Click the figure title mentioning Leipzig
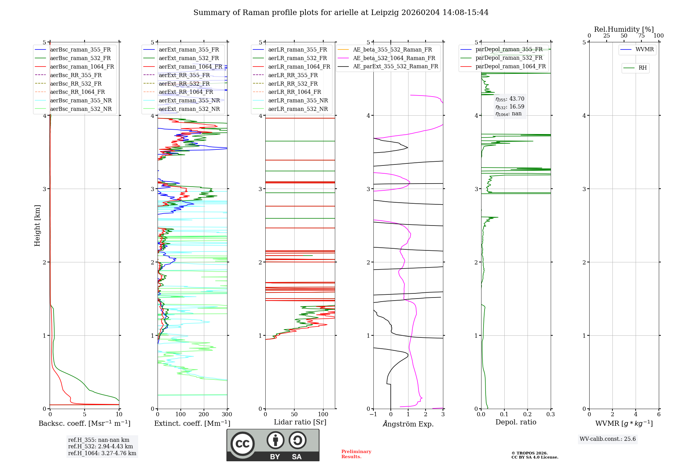click(x=341, y=13)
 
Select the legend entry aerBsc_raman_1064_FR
click(x=82, y=67)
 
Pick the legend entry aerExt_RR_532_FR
click(x=184, y=84)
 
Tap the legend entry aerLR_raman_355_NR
click(x=298, y=101)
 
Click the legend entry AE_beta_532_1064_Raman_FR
click(x=394, y=58)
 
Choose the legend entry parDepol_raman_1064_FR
click(x=510, y=67)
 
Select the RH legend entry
click(x=642, y=68)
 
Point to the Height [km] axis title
click(x=37, y=226)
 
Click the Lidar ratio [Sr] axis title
click(x=300, y=422)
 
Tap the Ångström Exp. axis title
click(x=408, y=424)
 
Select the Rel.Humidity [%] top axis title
click(x=624, y=29)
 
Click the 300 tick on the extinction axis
click(x=227, y=415)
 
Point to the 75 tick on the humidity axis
click(x=641, y=36)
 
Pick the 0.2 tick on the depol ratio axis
click(x=528, y=415)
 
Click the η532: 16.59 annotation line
click(x=510, y=107)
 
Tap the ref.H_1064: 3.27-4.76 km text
click(x=102, y=453)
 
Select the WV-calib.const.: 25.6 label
click(x=608, y=439)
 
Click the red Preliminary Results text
click(x=356, y=454)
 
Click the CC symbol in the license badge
click(x=242, y=444)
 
